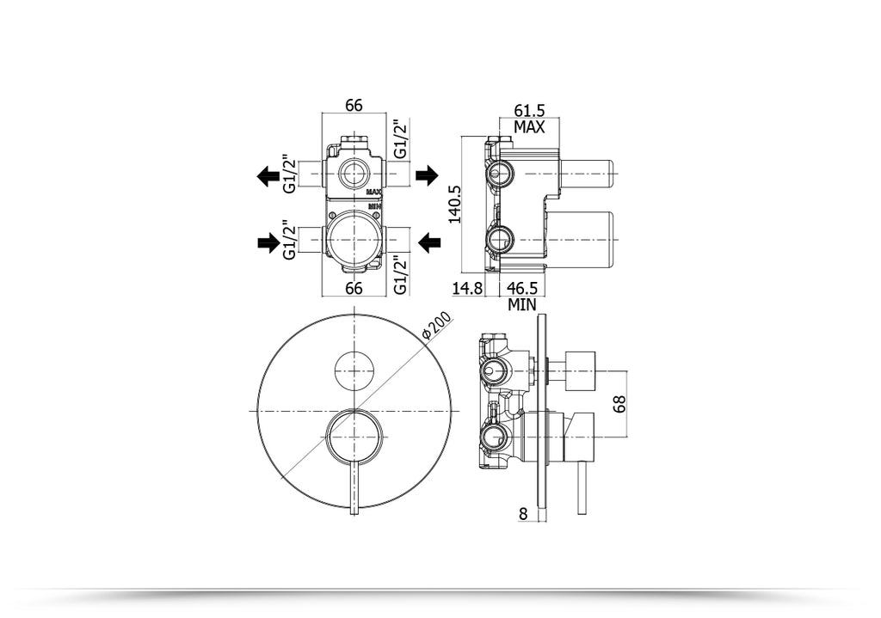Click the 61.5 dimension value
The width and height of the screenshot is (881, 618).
tap(529, 110)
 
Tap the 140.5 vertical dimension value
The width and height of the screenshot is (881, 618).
tap(455, 204)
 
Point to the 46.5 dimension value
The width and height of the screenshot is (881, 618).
tap(522, 289)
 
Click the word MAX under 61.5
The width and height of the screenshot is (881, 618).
tap(529, 127)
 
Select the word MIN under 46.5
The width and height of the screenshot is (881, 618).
tap(522, 304)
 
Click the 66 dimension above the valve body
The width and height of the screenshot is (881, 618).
tap(354, 106)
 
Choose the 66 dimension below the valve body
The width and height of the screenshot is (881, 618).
tap(354, 289)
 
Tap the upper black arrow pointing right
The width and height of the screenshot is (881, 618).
tap(427, 176)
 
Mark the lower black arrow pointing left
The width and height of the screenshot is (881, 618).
tap(427, 244)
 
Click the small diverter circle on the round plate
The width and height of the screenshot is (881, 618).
tap(353, 370)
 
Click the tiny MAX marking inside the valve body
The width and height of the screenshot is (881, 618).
tap(373, 193)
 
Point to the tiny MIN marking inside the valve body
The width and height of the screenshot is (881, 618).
tap(373, 206)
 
